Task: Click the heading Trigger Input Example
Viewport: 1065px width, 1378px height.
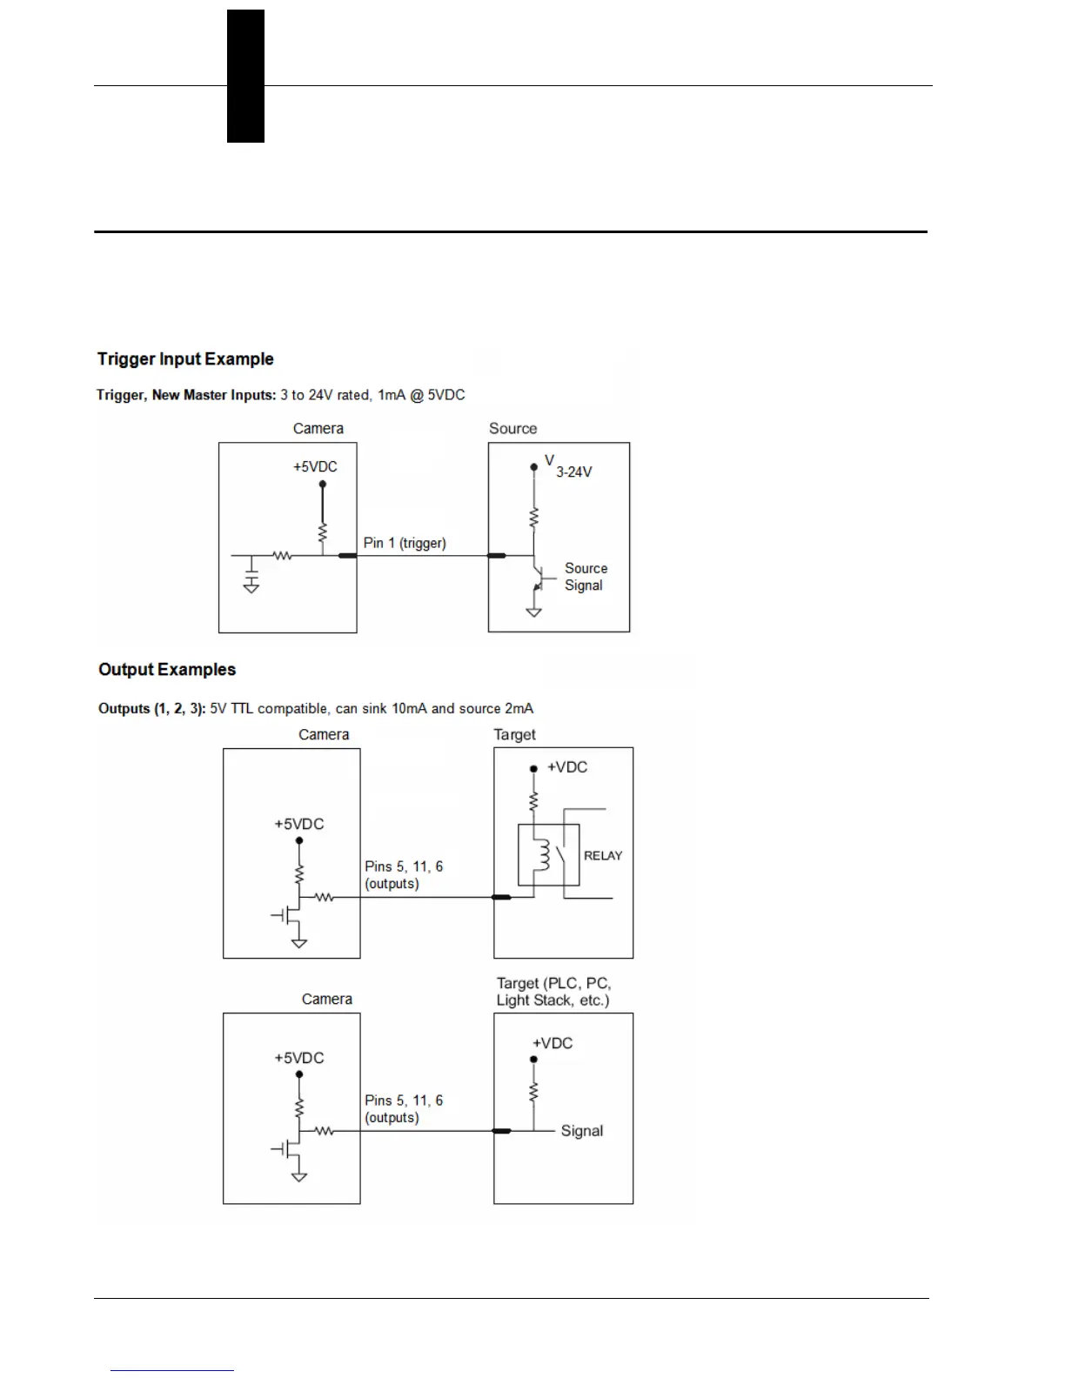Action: point(185,359)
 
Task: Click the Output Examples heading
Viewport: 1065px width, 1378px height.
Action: point(167,670)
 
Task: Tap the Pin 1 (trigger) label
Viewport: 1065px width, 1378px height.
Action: point(405,543)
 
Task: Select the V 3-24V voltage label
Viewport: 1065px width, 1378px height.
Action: point(568,467)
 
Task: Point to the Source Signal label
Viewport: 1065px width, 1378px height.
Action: point(586,577)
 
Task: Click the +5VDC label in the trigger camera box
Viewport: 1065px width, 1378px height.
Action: point(315,467)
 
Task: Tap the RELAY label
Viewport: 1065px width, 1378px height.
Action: point(603,856)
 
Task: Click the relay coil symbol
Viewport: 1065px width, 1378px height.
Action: point(545,855)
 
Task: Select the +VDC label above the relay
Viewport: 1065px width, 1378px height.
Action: point(566,767)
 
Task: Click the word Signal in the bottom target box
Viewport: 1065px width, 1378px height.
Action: point(581,1131)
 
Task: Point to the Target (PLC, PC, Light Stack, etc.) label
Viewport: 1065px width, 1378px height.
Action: point(553,992)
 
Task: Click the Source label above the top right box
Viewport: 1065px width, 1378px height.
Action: point(512,429)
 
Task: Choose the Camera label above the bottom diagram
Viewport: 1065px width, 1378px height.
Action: point(327,1000)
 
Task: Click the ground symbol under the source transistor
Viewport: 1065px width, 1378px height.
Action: point(534,612)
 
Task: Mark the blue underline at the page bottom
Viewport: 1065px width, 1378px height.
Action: point(172,1370)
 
